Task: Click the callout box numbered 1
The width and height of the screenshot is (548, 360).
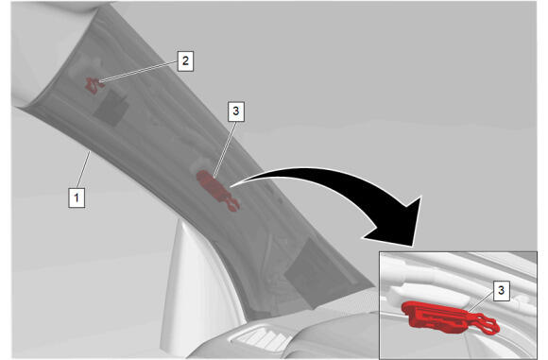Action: pyautogui.click(x=77, y=197)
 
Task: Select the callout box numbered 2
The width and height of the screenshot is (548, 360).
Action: pyautogui.click(x=185, y=61)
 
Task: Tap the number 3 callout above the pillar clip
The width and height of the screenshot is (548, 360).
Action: pyautogui.click(x=236, y=111)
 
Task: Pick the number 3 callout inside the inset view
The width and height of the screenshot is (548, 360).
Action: pyautogui.click(x=501, y=290)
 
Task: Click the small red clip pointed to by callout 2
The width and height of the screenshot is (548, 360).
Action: pyautogui.click(x=94, y=86)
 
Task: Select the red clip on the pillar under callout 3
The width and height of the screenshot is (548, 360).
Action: pyautogui.click(x=217, y=190)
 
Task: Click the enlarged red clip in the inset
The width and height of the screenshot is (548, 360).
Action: pyautogui.click(x=449, y=318)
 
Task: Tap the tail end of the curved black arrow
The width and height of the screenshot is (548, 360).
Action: pyautogui.click(x=231, y=186)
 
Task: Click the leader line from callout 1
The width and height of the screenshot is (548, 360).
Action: pyautogui.click(x=84, y=169)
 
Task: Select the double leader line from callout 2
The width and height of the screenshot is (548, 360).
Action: pyautogui.click(x=138, y=72)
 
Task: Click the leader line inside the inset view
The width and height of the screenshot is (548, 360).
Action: pyautogui.click(x=480, y=302)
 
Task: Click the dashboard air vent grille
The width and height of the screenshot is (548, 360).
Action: pyautogui.click(x=262, y=337)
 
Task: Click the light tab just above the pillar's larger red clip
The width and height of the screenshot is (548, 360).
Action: pyautogui.click(x=201, y=163)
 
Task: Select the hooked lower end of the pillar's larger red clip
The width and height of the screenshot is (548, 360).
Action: pyautogui.click(x=232, y=205)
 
